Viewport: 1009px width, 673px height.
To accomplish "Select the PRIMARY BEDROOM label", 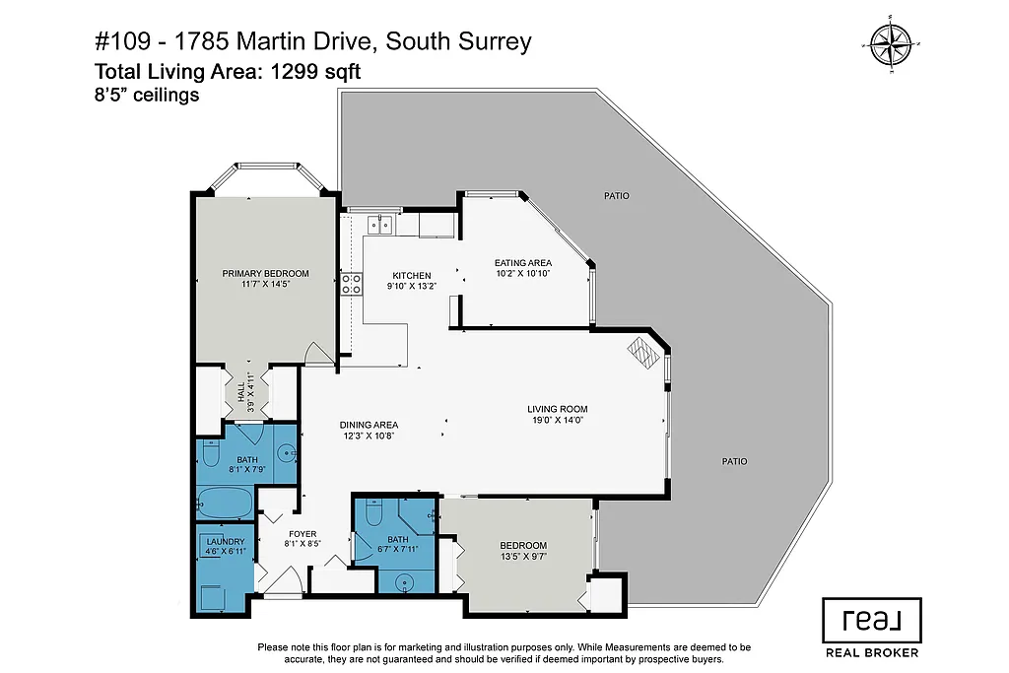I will pos(265,273).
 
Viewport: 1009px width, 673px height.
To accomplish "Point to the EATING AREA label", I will pos(522,262).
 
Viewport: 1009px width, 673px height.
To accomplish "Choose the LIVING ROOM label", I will pos(557,408).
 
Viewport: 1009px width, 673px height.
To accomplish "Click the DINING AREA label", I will pos(370,425).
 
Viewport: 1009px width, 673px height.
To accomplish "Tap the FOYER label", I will pos(303,534).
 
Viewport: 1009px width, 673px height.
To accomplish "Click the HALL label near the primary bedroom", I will pos(239,392).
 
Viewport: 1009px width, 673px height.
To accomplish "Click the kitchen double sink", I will pos(380,226).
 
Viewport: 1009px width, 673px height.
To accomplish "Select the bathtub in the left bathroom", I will pos(225,504).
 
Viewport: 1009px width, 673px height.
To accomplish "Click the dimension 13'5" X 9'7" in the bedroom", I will pos(522,556).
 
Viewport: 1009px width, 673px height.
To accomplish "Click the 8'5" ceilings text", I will pos(147,96).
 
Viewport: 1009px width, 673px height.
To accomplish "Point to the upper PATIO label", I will pos(617,196).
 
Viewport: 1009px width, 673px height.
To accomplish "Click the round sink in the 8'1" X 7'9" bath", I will pos(286,454).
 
